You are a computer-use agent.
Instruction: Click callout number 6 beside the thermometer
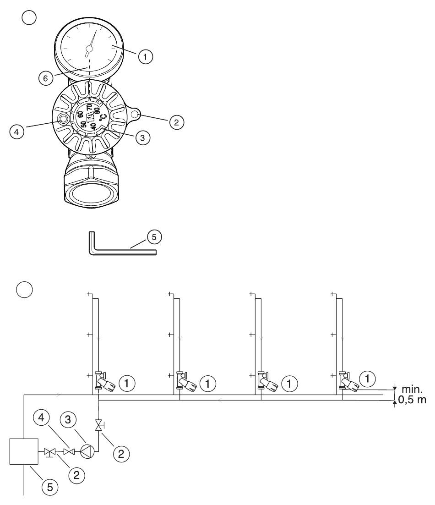pyautogui.click(x=46, y=78)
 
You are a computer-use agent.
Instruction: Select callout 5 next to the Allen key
pyautogui.click(x=154, y=237)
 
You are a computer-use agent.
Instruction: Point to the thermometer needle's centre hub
pyautogui.click(x=89, y=49)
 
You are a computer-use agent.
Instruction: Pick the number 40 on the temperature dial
pyautogui.click(x=93, y=126)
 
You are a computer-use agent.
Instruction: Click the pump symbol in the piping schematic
pyautogui.click(x=87, y=451)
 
